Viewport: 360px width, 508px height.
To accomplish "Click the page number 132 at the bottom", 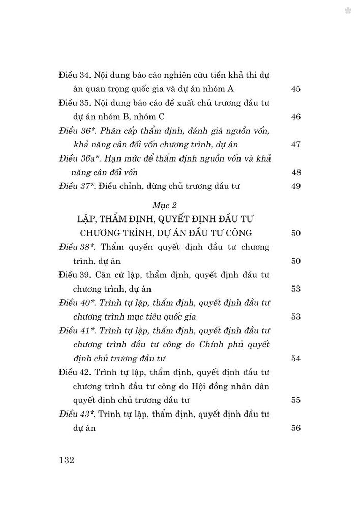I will point(67,461).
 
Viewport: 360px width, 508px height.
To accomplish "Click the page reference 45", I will point(296,89).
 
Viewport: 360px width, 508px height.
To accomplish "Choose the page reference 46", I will point(296,117).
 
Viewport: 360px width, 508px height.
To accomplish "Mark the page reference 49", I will point(296,187).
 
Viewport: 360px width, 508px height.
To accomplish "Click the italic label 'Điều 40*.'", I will point(76,303).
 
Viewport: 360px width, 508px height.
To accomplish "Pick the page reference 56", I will point(296,428).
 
